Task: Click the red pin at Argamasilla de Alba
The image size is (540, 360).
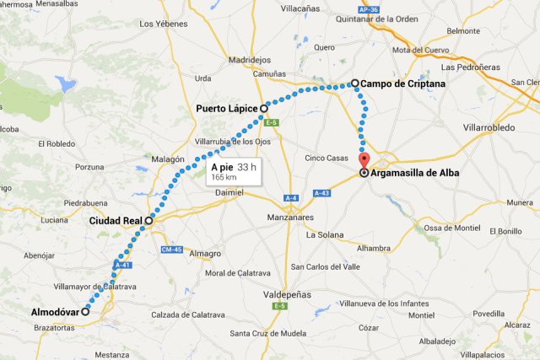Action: (364, 161)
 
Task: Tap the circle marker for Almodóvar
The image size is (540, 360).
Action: (85, 310)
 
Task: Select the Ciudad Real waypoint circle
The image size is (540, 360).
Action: (149, 221)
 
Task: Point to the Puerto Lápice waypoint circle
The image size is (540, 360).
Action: (263, 109)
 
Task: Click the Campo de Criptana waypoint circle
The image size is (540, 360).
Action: (355, 83)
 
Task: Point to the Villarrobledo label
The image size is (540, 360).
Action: (489, 128)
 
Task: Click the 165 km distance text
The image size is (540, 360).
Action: (223, 178)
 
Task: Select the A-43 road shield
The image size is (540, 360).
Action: (321, 193)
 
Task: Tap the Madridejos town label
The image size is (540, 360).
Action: (250, 61)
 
